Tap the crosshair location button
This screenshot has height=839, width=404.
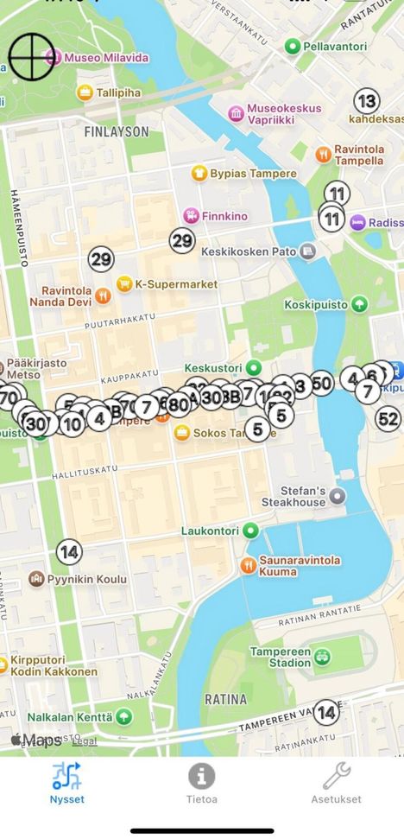pos(31,56)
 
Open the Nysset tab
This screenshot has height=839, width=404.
pos(67,782)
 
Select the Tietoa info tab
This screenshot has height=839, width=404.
pos(202,782)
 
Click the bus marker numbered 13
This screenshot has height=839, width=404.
pos(367,101)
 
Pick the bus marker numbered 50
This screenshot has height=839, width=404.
pos(322,384)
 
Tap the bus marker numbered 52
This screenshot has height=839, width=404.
pos(388,419)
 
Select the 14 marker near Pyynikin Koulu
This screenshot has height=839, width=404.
pos(69,551)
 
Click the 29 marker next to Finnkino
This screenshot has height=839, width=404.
pos(182,241)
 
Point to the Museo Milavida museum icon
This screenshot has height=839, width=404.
pos(53,58)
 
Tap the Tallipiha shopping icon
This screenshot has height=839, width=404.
pos(85,92)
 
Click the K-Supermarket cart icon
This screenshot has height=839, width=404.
pos(124,283)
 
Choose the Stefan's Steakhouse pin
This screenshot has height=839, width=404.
pos(338,496)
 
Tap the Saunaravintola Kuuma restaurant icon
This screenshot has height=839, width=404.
pos(247,565)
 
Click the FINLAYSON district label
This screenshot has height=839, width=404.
pos(117,132)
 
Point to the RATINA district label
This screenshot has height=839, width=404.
pos(225,698)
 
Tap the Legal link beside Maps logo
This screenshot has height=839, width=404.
pos(84,741)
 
